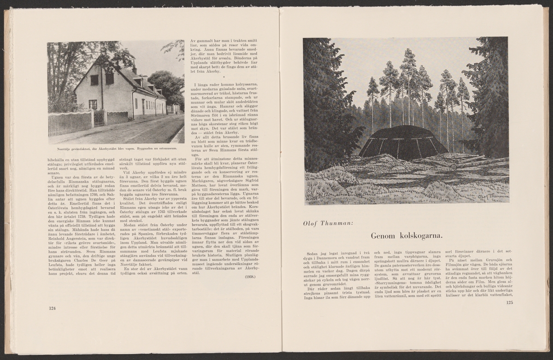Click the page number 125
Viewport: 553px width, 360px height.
pos(509,303)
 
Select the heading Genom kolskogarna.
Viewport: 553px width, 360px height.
pos(406,236)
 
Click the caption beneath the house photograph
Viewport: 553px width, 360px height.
pos(115,148)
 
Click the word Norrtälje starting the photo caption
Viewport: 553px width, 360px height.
pos(58,148)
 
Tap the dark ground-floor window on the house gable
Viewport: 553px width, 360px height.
pos(93,104)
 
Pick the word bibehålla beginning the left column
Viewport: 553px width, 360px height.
pos(57,159)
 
